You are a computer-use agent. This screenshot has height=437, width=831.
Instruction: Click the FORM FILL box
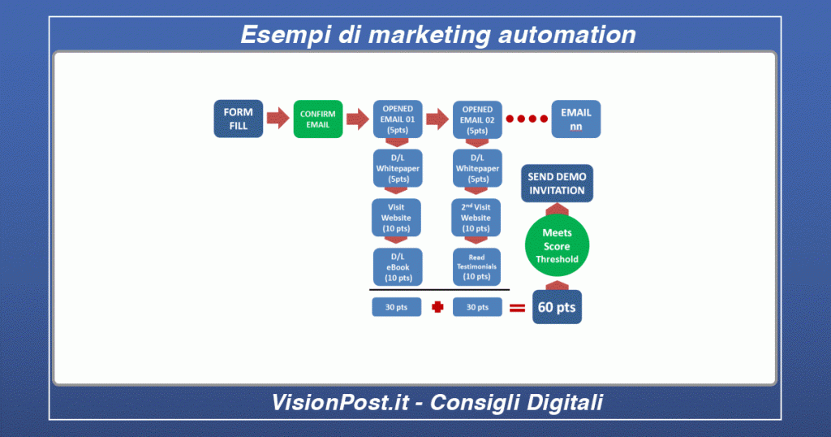click(x=238, y=119)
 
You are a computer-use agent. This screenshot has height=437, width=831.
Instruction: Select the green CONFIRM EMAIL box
click(x=317, y=119)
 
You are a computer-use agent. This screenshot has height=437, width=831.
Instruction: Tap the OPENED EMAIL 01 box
click(x=398, y=119)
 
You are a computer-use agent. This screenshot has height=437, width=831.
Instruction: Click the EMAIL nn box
click(x=575, y=119)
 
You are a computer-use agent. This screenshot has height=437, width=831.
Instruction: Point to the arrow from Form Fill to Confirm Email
click(x=278, y=119)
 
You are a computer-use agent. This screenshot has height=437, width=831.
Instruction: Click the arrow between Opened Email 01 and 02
click(x=438, y=119)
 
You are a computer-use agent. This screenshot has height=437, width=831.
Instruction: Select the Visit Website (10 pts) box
click(x=397, y=218)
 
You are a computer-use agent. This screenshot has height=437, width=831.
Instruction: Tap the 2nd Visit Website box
click(x=476, y=218)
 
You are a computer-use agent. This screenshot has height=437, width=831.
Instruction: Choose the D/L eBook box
click(x=397, y=266)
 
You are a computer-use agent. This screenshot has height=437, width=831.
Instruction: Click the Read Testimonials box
click(x=476, y=266)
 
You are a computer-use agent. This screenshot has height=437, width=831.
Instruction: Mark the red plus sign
click(x=437, y=308)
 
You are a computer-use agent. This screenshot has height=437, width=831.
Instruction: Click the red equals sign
click(x=517, y=309)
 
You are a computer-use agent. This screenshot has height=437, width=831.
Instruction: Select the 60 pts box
click(x=557, y=308)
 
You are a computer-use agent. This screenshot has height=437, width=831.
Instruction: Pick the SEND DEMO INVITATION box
click(x=557, y=184)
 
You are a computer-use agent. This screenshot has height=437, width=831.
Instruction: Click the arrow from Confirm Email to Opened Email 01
click(x=358, y=119)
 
